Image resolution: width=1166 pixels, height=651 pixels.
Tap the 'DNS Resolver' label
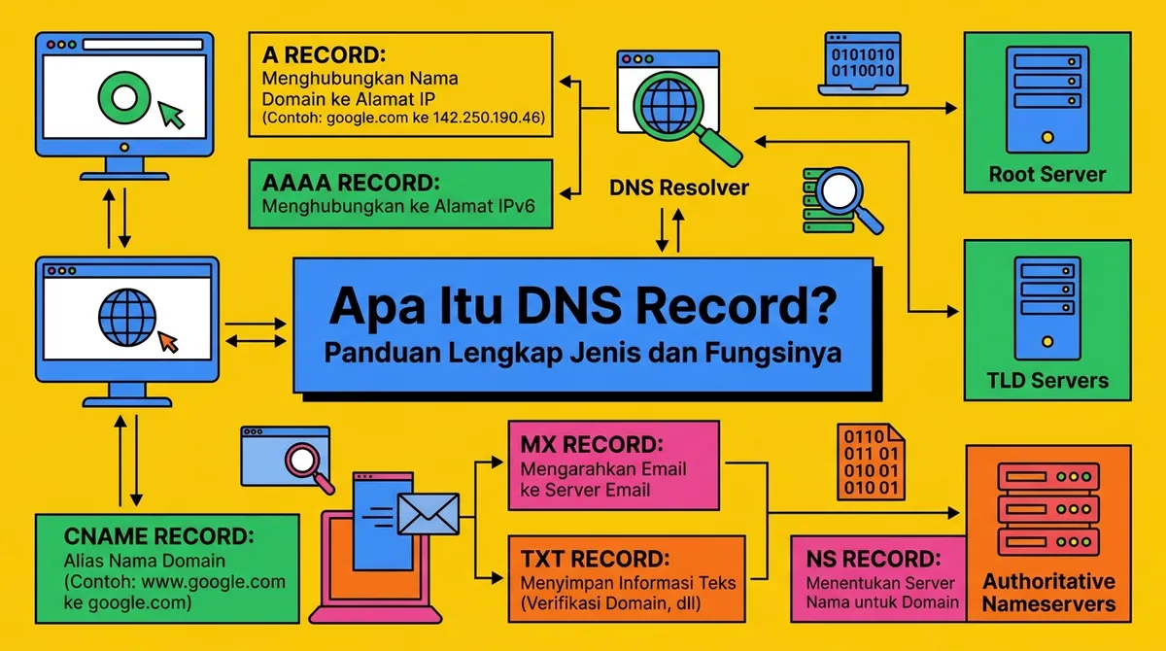pos(679,188)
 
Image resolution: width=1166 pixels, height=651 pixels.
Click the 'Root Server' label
pos(1047,175)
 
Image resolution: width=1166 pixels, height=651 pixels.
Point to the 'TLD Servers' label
pos(1047,380)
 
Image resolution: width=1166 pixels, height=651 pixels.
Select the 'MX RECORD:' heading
pos(592,446)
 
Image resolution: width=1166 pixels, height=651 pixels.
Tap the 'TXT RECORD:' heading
pos(595,559)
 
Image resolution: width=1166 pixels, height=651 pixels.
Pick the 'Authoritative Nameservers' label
pos(1048,592)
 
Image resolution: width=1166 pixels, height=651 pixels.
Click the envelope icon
pos(428,512)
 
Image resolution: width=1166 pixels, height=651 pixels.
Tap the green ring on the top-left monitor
pos(125,96)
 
